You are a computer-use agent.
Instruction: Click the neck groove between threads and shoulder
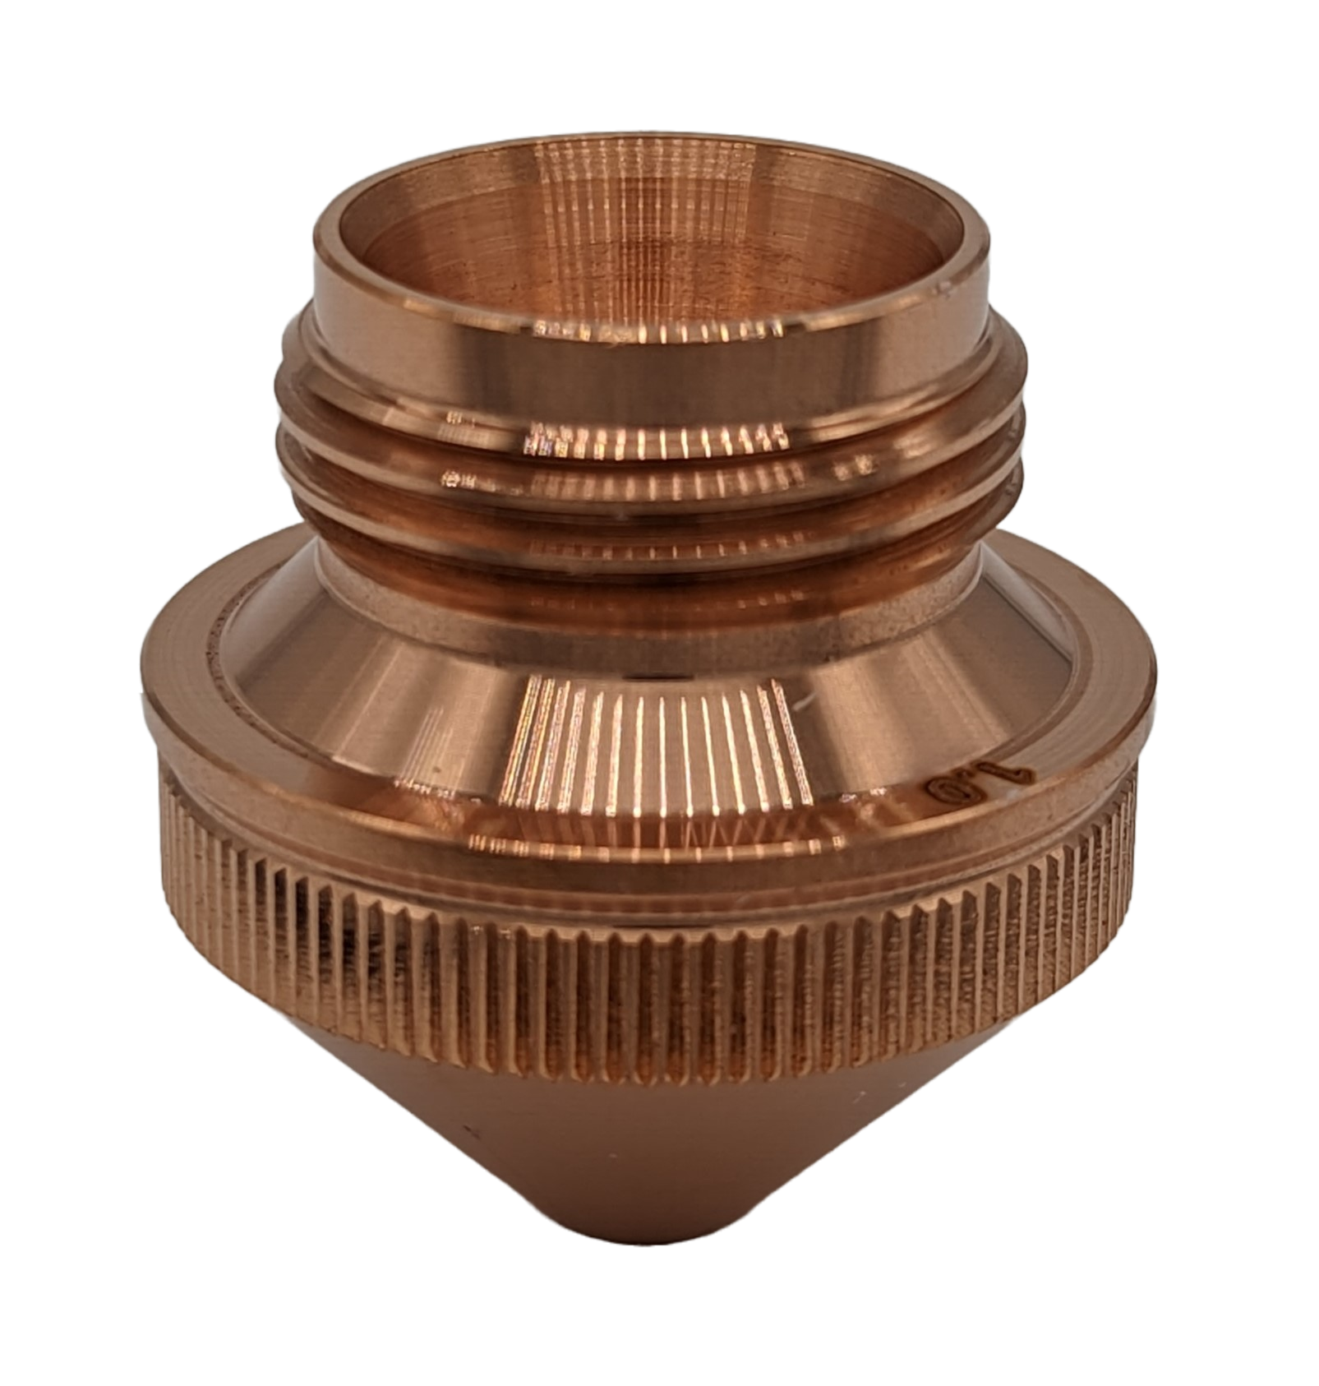(657, 567)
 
